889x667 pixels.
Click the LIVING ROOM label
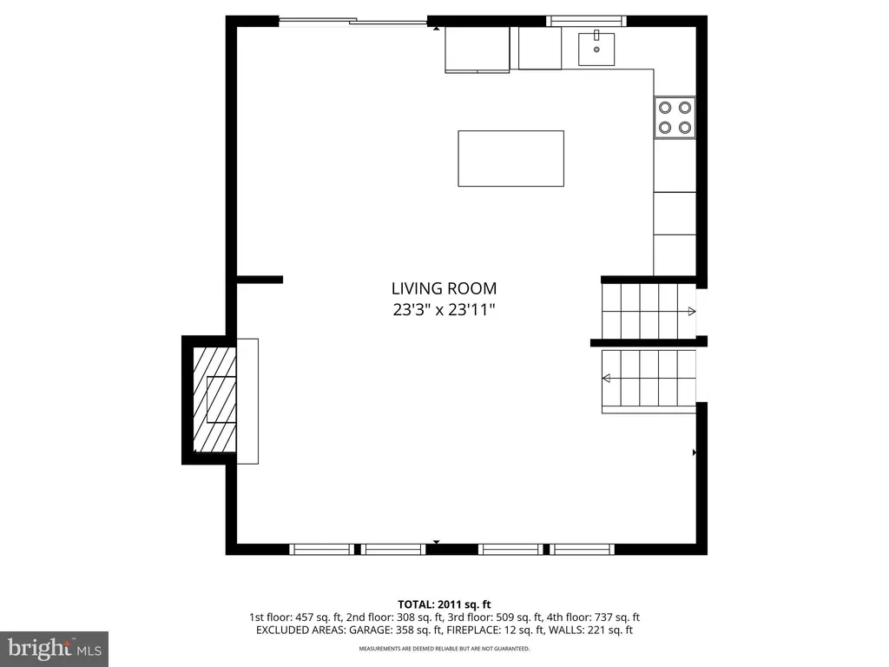(444, 288)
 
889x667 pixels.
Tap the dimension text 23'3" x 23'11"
(444, 310)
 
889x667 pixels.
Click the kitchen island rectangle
(510, 158)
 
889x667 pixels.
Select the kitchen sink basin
(596, 49)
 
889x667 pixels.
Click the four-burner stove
(675, 117)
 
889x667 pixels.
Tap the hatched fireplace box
(214, 400)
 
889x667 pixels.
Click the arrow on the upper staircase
(692, 312)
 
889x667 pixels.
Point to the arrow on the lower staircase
(606, 379)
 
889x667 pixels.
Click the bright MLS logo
(54, 649)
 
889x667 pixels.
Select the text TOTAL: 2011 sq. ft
(444, 604)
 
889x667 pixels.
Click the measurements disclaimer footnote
(444, 648)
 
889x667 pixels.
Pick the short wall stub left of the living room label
(260, 280)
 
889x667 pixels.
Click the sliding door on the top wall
(352, 22)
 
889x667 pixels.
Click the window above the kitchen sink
(586, 22)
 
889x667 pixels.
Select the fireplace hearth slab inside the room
(247, 401)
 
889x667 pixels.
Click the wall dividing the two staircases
(649, 342)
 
